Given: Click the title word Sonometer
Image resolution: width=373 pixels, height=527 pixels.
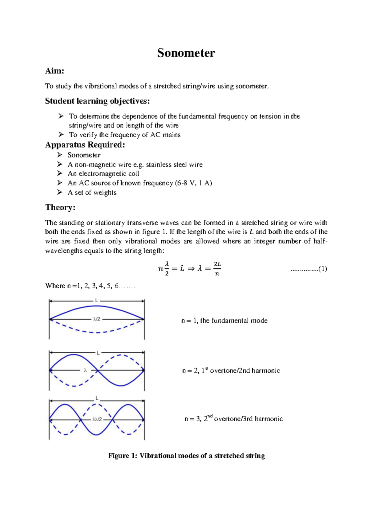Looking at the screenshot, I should [x=186, y=53].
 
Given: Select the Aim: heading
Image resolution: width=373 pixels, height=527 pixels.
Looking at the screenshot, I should [x=54, y=71].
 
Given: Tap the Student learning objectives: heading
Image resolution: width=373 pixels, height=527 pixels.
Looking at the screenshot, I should [x=97, y=101].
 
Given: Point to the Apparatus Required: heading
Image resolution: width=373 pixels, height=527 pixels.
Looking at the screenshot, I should [x=85, y=145].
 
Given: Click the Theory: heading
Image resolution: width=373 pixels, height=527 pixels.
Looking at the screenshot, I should [x=60, y=207].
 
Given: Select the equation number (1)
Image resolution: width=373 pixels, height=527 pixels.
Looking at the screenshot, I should [x=323, y=269].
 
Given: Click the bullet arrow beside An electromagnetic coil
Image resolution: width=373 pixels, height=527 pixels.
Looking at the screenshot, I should [x=60, y=173].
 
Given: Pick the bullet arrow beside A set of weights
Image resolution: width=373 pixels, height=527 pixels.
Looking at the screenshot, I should [x=60, y=192].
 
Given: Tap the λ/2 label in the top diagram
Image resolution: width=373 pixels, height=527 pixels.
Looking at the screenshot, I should [x=97, y=319].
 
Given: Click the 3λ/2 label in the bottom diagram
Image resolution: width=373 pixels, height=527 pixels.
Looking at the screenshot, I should [x=97, y=419].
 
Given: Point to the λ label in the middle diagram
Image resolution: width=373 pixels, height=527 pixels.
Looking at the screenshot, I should [x=85, y=370].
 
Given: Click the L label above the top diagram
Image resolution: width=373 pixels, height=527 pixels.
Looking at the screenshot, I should [x=97, y=300].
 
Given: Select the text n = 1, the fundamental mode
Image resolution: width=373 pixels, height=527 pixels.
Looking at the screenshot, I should [x=224, y=320].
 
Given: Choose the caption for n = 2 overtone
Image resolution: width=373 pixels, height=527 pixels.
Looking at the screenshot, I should [x=231, y=370].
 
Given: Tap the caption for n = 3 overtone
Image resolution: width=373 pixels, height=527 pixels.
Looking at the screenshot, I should [x=233, y=419].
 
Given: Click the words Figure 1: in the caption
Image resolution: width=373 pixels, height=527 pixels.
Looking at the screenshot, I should [x=122, y=456].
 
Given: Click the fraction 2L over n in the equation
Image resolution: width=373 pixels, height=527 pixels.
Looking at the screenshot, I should [x=217, y=269].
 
